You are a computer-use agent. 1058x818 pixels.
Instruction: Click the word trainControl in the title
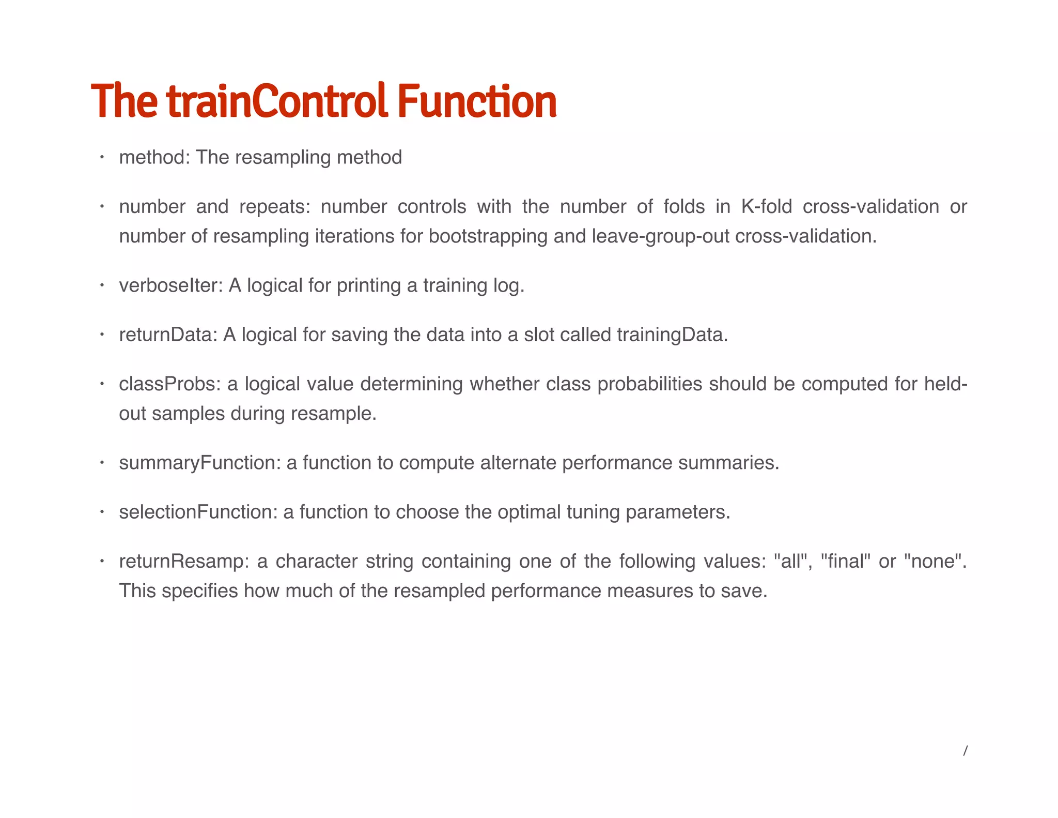click(x=277, y=101)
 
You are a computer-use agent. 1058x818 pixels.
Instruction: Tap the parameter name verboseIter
click(x=170, y=285)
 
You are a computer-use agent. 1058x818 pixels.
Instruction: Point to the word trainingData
click(x=671, y=335)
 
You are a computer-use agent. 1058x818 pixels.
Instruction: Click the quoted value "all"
click(x=791, y=562)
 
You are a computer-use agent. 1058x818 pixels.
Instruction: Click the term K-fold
click(x=766, y=207)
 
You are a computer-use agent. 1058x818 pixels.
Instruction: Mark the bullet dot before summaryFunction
click(x=102, y=462)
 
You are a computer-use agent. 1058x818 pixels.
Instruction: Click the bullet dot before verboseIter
click(x=102, y=285)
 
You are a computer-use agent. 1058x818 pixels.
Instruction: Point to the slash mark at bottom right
click(x=964, y=751)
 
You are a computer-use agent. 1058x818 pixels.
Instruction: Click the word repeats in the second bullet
click(x=274, y=207)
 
